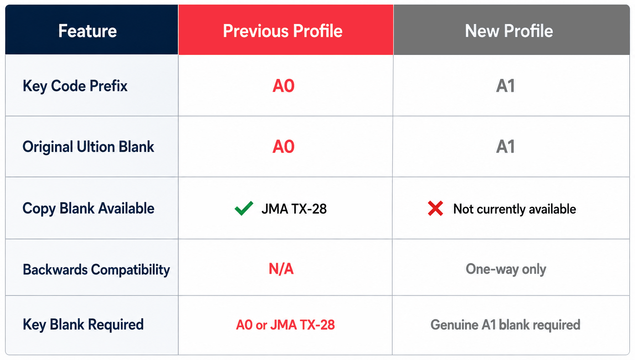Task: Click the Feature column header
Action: [87, 31]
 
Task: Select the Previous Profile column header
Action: [283, 31]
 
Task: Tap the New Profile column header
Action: [509, 31]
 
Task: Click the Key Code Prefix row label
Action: [75, 86]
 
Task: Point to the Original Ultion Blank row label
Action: [88, 147]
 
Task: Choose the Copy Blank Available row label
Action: [88, 209]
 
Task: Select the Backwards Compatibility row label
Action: [96, 270]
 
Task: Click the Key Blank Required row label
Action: [83, 325]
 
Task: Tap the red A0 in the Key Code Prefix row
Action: [284, 86]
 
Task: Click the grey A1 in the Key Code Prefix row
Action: [505, 86]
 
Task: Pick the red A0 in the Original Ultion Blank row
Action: [284, 146]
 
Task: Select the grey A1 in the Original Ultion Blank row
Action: [505, 146]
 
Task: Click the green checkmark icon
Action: [244, 209]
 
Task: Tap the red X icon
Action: [435, 209]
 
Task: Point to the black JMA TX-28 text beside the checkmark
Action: [294, 209]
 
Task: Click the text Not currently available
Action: [515, 209]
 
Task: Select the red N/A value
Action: [281, 268]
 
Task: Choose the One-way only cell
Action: [506, 269]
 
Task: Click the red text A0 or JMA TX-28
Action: [285, 325]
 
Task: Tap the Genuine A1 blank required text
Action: [505, 325]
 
